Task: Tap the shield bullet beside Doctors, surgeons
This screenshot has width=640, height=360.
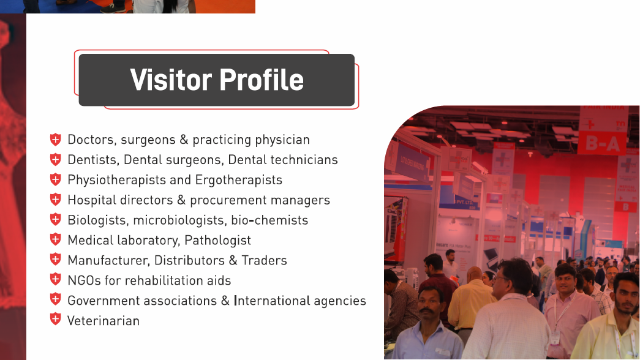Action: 56,140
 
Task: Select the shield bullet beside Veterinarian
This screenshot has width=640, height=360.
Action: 56,319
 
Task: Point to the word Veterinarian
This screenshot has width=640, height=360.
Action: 104,321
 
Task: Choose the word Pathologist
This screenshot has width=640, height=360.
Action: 217,241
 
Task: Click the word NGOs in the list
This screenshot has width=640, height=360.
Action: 84,280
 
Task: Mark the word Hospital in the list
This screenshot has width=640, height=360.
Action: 92,200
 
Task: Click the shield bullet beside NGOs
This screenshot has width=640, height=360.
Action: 56,279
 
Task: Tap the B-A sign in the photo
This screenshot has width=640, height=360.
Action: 603,143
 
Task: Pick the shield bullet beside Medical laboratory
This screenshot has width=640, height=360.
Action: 56,239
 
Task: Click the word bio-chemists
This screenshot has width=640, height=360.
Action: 269,220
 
